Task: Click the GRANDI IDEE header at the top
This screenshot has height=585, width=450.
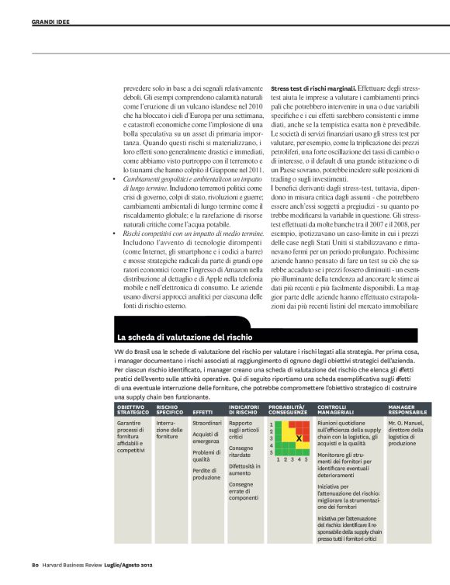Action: pos(50,21)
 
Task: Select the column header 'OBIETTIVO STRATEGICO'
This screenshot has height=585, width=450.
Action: pos(133,408)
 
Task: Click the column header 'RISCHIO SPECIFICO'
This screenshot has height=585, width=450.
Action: pos(170,408)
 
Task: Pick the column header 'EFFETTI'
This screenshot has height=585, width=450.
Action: pos(202,412)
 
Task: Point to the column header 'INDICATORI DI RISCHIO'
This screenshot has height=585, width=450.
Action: pos(244,408)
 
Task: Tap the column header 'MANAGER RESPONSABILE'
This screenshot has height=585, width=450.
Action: pos(407,408)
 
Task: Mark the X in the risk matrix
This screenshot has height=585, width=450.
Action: pos(299,438)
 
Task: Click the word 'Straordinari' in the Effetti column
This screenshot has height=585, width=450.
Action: pos(207,424)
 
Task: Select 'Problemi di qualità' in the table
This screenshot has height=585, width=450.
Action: pos(206,456)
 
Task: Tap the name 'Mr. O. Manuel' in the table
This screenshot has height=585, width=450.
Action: pos(404,424)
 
